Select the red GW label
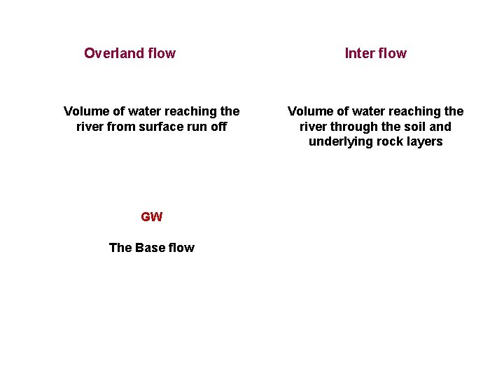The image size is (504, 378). click(151, 217)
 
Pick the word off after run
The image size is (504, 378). click(218, 127)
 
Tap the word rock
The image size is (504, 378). click(387, 142)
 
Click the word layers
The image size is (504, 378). click(425, 142)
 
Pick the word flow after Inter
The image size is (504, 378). click(393, 53)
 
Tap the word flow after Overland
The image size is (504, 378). click(160, 53)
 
